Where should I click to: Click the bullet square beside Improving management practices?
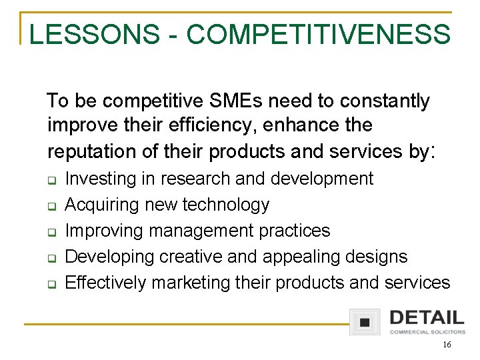(51, 232)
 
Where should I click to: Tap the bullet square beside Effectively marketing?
(51, 283)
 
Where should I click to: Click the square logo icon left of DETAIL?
(365, 321)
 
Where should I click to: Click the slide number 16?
(447, 345)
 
